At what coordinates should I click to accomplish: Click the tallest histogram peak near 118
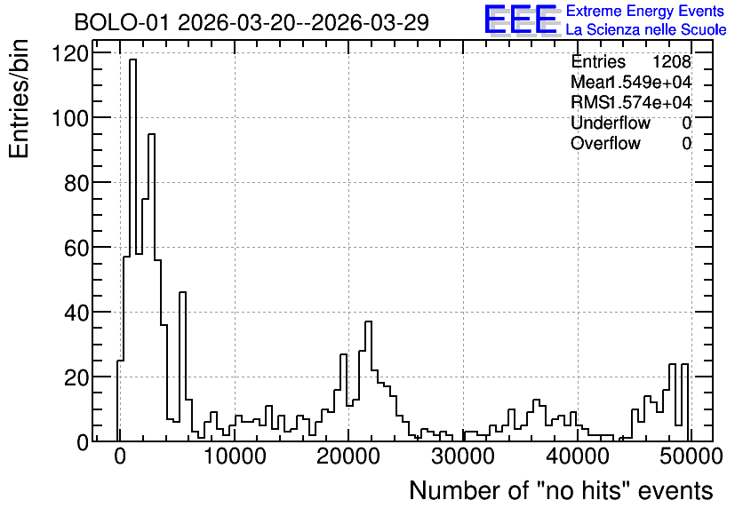[132, 60]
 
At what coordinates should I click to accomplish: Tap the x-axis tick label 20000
[348, 456]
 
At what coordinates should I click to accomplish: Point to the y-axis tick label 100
[70, 118]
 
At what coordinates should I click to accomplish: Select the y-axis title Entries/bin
[20, 99]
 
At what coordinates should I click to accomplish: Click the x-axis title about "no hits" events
[561, 490]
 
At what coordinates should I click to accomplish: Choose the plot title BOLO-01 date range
[252, 23]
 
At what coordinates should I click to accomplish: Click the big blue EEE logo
[521, 20]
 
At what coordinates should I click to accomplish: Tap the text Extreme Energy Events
[645, 11]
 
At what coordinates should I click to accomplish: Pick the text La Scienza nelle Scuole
[646, 29]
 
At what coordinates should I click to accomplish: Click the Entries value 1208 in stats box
[671, 61]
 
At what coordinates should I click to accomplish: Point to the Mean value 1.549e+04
[649, 82]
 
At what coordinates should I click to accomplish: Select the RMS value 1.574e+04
[650, 102]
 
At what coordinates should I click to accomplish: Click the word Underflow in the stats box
[611, 123]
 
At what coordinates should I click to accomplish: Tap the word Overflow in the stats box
[605, 143]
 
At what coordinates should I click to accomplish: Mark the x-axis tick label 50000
[691, 456]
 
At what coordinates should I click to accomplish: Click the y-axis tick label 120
[70, 53]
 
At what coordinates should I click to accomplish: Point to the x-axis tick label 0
[120, 456]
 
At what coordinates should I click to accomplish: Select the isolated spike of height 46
[182, 292]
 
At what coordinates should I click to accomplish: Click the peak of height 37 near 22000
[368, 321]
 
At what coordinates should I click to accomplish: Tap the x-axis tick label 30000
[463, 456]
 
